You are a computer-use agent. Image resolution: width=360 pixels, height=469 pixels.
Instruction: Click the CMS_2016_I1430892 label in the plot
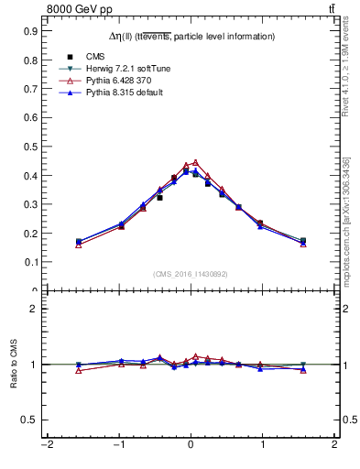pos(191,273)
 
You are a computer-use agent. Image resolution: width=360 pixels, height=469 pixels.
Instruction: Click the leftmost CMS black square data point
pos(79,242)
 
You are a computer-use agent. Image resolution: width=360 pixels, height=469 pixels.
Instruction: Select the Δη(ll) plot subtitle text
pos(191,37)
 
